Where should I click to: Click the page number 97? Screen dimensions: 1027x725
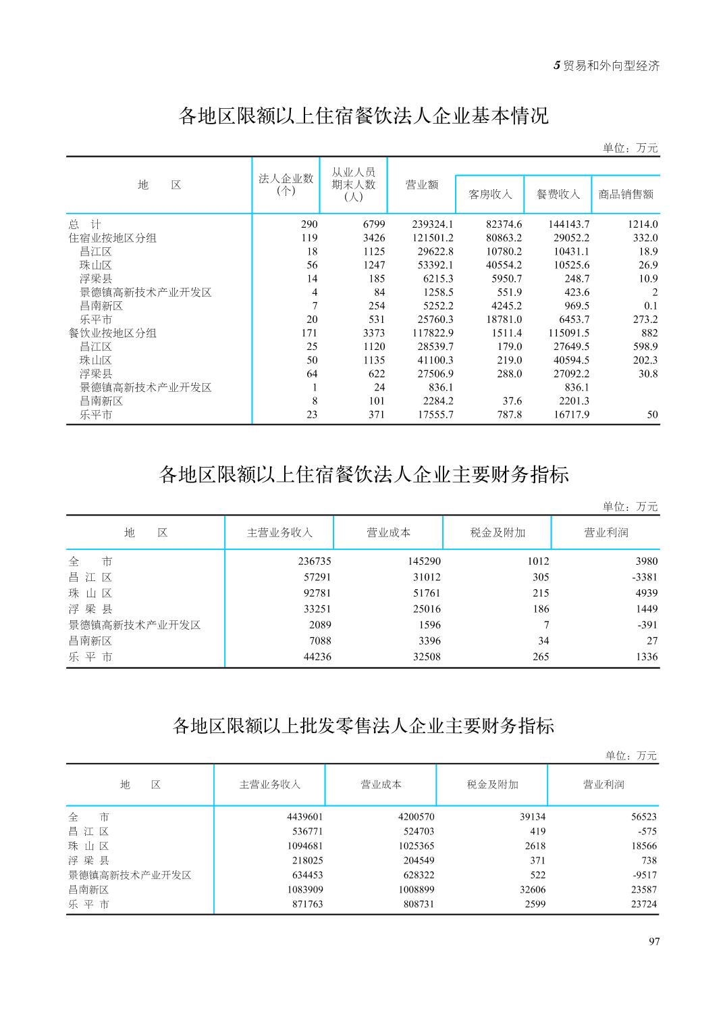(653, 942)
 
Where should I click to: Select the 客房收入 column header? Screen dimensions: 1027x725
(490, 195)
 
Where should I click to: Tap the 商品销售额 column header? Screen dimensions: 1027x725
(626, 195)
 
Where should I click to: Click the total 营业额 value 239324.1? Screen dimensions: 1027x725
(432, 224)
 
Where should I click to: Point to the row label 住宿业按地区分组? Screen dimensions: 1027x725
(112, 238)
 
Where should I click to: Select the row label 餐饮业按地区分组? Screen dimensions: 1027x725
(112, 333)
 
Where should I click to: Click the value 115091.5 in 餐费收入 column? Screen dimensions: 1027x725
(568, 333)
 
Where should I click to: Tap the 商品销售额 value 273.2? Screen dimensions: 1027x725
(645, 320)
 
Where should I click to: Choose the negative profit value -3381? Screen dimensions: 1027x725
(644, 578)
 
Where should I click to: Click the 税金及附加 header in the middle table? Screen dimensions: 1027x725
(498, 533)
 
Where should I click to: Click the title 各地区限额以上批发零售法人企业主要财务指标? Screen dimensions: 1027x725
(363, 726)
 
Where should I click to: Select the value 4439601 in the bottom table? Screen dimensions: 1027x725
(305, 817)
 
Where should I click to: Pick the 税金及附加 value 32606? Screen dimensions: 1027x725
(529, 890)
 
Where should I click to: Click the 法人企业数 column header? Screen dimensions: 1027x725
(286, 184)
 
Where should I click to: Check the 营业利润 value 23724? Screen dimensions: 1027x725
(643, 905)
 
